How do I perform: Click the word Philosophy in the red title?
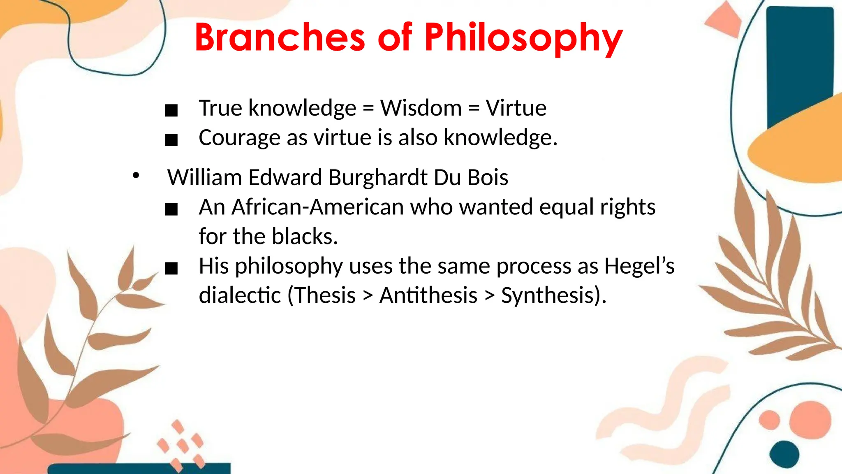(x=523, y=38)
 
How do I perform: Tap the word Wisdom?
(x=421, y=108)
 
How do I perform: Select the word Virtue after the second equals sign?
(x=516, y=108)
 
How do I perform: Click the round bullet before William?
(x=136, y=176)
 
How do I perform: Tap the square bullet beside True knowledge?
(x=171, y=110)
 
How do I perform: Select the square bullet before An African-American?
(x=171, y=209)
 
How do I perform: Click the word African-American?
(x=317, y=207)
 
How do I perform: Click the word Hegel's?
(x=639, y=266)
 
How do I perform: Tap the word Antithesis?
(x=428, y=296)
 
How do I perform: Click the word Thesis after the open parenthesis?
(x=324, y=296)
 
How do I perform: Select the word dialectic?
(x=240, y=296)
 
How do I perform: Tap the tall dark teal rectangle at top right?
(x=798, y=62)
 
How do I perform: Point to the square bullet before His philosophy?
(x=171, y=269)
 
